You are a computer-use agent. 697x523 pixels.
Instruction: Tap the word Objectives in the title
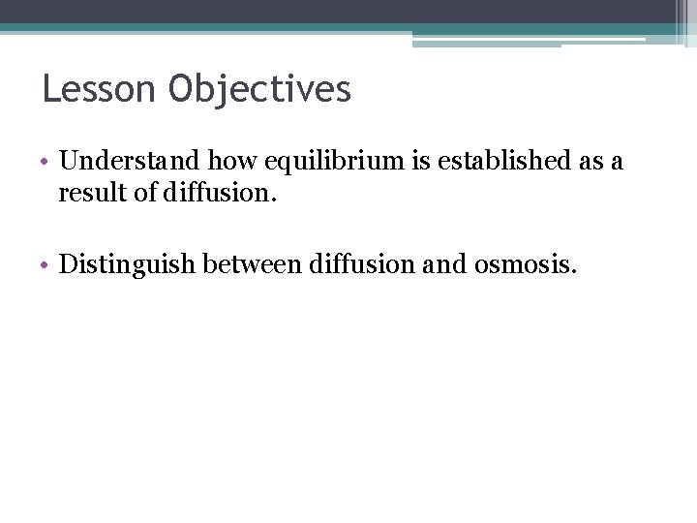point(259,90)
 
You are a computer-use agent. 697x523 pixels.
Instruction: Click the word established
point(475,161)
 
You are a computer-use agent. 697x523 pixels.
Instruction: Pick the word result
point(87,194)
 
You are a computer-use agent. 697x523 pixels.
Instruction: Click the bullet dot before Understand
point(46,163)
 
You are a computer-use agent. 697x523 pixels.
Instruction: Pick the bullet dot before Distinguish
point(46,264)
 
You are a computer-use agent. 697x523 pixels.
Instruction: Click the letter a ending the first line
point(617,163)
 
